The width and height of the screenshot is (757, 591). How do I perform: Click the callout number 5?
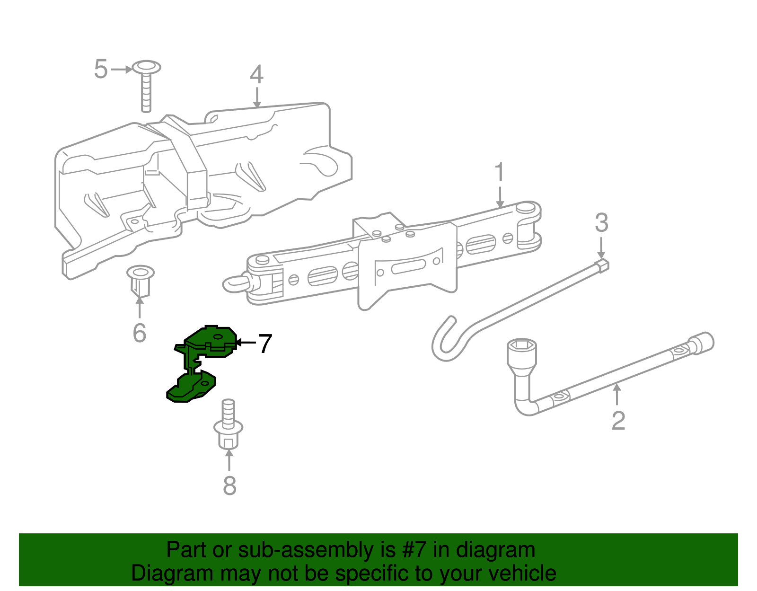101,69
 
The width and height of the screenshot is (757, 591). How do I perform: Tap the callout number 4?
257,74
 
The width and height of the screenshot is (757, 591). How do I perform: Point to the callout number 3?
601,222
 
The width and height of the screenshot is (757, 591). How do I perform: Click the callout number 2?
618,421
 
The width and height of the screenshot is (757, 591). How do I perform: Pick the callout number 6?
140,333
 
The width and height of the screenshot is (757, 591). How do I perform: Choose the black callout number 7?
265,344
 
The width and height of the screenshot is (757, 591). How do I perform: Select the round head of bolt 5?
147,68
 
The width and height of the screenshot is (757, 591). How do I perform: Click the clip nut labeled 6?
140,281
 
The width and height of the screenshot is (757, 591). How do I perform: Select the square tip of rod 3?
603,265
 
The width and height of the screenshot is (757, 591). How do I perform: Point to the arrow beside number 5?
122,69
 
